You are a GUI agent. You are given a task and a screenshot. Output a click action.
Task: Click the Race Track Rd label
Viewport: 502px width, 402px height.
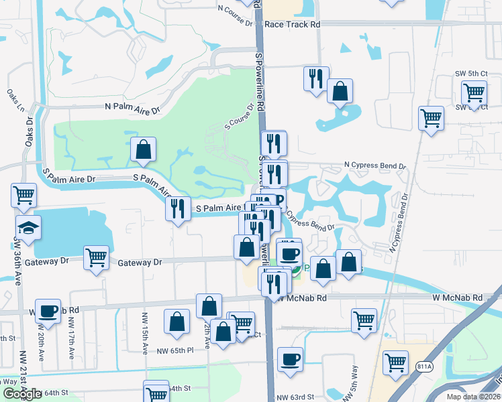click(293, 24)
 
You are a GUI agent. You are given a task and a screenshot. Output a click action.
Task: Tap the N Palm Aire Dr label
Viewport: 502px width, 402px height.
click(133, 108)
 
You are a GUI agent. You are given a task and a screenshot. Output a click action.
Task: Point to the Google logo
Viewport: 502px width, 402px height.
click(22, 394)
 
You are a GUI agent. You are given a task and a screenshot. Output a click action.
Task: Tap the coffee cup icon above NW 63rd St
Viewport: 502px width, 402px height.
click(290, 359)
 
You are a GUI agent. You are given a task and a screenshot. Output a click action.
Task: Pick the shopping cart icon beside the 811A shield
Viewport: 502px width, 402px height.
click(396, 362)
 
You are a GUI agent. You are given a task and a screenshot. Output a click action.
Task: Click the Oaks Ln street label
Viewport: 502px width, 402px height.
click(20, 100)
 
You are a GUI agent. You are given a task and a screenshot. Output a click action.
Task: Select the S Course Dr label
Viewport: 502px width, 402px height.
click(240, 117)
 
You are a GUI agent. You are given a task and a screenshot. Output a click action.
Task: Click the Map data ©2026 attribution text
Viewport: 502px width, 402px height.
click(473, 397)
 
